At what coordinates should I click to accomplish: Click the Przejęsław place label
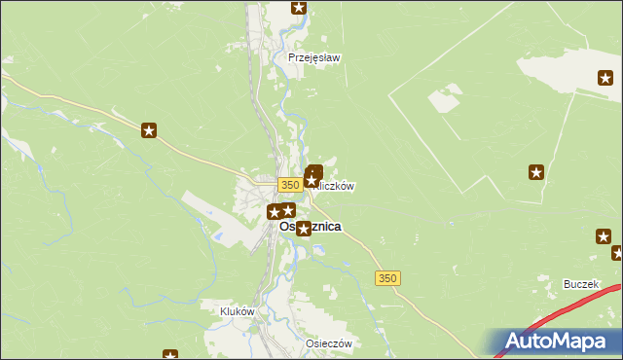[313, 57]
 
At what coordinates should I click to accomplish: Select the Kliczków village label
[337, 185]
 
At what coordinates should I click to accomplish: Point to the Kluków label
[238, 311]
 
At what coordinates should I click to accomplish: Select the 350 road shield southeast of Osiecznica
[387, 278]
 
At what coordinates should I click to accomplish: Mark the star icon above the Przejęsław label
[299, 9]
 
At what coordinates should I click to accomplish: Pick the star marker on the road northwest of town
[149, 129]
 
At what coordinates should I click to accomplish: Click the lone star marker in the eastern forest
[536, 173]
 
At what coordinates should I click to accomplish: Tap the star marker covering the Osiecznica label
[303, 229]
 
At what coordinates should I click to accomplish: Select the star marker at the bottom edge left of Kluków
[170, 356]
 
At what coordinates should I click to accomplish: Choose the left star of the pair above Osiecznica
[275, 211]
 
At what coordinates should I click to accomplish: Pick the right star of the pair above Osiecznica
[288, 209]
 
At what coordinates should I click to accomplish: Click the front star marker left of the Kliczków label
[311, 180]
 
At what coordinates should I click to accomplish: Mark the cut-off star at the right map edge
[618, 254]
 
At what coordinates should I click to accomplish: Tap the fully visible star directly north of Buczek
[604, 236]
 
